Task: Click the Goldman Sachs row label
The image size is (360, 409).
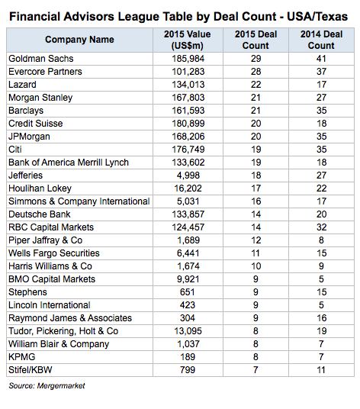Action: pos(41,59)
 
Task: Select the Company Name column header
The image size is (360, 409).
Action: pos(79,40)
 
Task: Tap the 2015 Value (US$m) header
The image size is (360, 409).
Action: pos(188,40)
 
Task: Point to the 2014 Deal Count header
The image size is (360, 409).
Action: pos(321,40)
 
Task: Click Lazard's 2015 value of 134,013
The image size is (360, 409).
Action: pos(188,85)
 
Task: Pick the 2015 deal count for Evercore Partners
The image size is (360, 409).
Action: pos(256,72)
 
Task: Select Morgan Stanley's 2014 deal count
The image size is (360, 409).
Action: pos(321,98)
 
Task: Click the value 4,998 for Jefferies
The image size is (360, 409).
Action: pos(188,176)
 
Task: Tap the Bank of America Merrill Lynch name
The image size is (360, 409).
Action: pos(69,163)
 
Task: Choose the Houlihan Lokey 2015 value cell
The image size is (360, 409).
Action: pos(188,188)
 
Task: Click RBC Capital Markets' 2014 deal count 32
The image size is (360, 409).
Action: pos(321,227)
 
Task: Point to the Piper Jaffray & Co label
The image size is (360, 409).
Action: pos(45,240)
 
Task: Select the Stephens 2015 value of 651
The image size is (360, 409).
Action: pos(188,292)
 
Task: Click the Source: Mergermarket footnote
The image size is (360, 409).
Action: pos(47,386)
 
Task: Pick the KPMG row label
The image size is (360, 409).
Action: pos(22,357)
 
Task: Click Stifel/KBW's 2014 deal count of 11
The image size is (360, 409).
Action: pos(321,370)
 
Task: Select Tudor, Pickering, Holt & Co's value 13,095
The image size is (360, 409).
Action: pos(188,331)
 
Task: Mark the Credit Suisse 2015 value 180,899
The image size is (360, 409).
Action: pos(188,124)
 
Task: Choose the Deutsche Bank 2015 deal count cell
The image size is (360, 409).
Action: pos(256,214)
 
